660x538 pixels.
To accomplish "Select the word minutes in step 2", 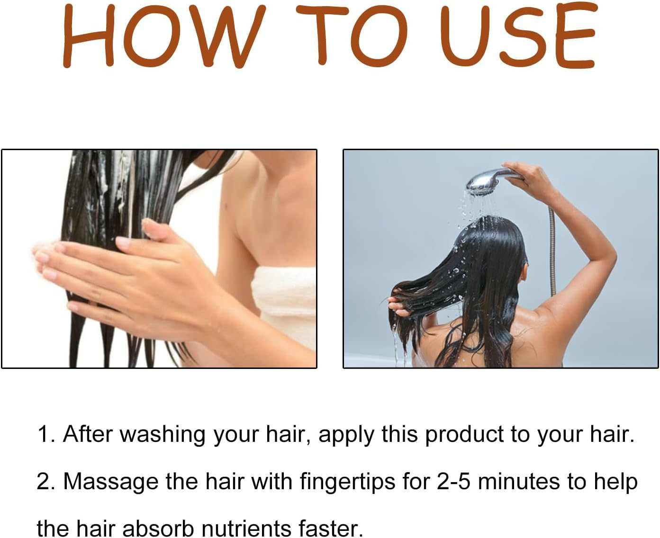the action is pyautogui.click(x=519, y=481).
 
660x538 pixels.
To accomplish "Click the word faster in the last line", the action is pyautogui.click(x=331, y=528).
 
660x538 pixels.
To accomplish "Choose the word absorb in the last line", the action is pyautogui.click(x=158, y=528).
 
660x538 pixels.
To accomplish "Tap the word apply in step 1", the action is pyautogui.click(x=346, y=435).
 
